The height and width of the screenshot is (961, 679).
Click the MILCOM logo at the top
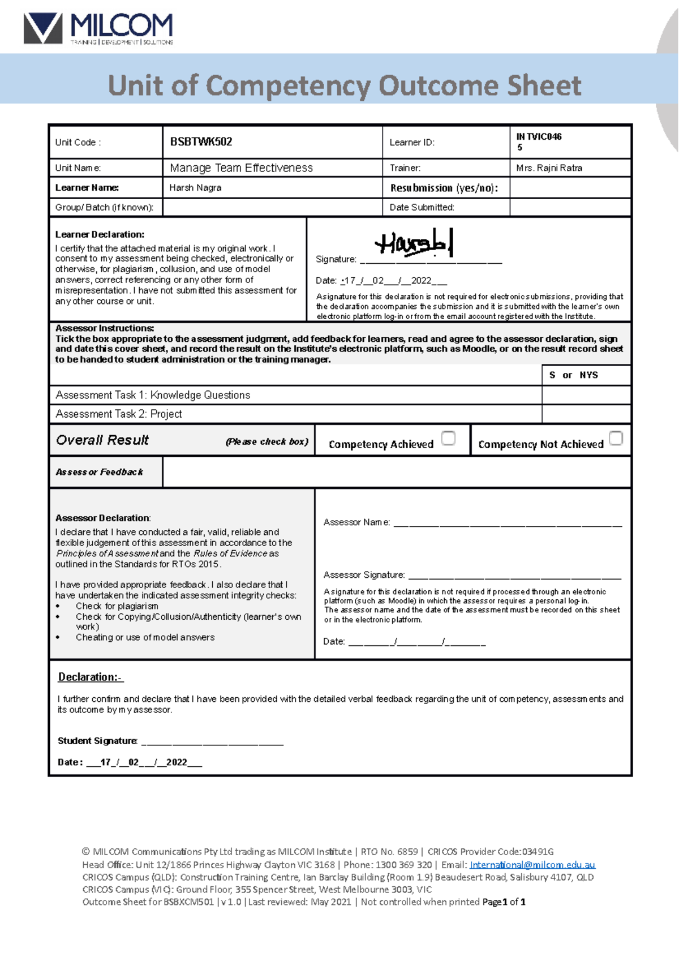(98, 28)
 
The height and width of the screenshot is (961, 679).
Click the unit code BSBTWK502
(201, 142)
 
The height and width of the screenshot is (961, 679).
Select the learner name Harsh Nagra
(195, 188)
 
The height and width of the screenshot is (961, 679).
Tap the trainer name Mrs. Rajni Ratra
(549, 168)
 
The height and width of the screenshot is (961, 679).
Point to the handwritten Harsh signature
(414, 244)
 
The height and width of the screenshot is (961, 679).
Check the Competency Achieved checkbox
(448, 438)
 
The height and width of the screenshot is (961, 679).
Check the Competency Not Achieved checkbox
(616, 438)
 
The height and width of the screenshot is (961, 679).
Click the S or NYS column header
(573, 375)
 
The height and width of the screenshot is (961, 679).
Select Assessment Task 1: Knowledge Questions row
(153, 395)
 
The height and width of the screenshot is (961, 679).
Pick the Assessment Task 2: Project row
(119, 414)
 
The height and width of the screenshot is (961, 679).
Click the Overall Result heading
(102, 440)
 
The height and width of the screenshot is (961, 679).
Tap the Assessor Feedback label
(99, 472)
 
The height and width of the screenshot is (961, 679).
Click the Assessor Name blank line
(507, 524)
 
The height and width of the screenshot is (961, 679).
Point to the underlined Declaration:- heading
(91, 677)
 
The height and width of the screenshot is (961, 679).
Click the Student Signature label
(97, 741)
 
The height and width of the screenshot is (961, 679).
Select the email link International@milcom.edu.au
(532, 865)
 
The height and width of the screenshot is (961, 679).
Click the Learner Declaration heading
(100, 234)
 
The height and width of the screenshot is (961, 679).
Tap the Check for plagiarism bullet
(117, 606)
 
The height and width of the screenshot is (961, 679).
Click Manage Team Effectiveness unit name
(241, 168)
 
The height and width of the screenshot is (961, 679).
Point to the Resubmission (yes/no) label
(444, 188)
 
